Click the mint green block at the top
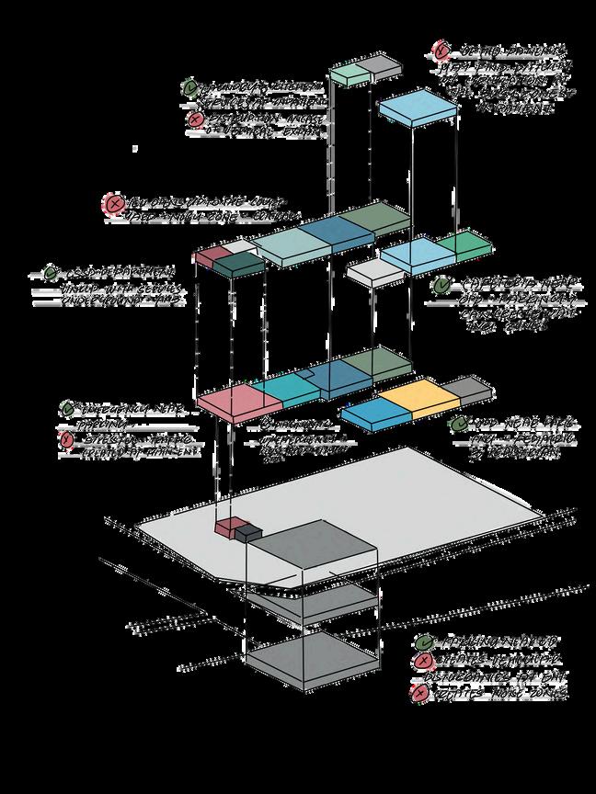click(349, 72)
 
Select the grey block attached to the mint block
click(384, 64)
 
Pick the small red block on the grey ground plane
click(226, 527)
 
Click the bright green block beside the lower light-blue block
click(464, 244)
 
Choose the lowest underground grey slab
click(312, 658)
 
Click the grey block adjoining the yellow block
click(464, 389)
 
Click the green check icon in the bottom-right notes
click(424, 643)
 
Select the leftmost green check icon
click(51, 274)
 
